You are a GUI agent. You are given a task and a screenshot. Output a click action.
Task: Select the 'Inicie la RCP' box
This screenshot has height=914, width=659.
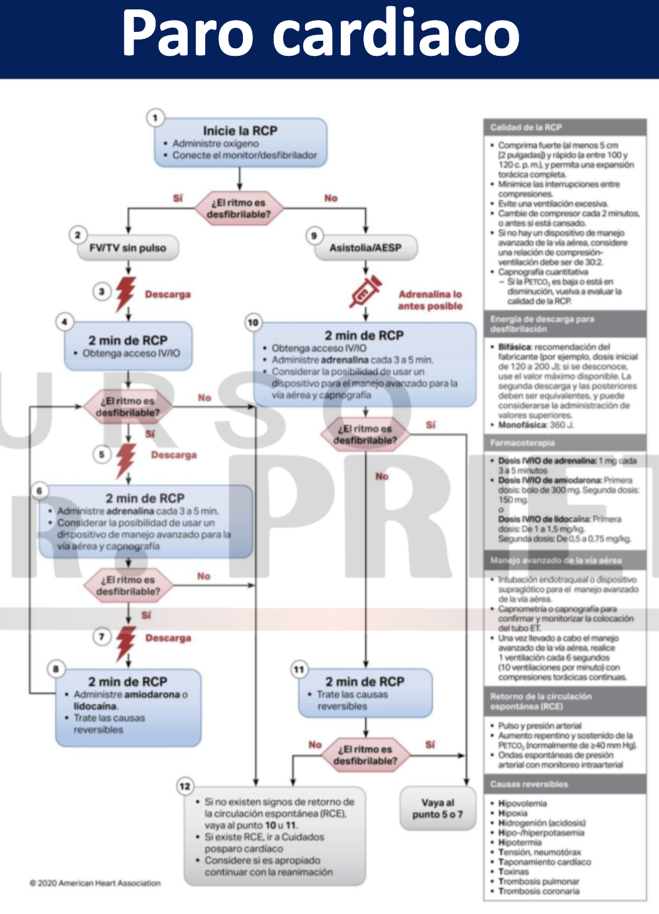pos(240,142)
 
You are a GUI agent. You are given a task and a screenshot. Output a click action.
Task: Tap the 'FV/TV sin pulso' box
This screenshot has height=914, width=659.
pos(128,248)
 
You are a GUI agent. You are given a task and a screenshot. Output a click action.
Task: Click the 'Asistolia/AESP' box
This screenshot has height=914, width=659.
pos(365,248)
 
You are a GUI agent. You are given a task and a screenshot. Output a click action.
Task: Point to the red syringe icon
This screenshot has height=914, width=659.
pos(366,291)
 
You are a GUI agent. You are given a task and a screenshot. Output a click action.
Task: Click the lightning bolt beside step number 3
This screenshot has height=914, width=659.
pos(126,293)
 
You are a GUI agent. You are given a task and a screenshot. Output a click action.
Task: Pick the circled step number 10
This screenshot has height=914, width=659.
pos(253,322)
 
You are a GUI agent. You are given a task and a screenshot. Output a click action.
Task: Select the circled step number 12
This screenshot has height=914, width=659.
pos(185,786)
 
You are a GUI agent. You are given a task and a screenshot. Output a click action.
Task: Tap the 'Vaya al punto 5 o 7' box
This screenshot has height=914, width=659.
pos(437,809)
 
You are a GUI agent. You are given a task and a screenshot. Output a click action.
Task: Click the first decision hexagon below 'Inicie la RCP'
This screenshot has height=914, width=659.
pos(238,208)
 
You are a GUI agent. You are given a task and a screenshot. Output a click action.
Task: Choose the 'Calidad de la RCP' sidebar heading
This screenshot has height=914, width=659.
pos(526,127)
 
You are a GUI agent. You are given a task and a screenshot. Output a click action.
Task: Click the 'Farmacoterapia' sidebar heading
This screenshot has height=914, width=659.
pos(522,443)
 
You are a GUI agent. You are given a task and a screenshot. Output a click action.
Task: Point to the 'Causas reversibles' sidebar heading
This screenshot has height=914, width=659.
pos(528,784)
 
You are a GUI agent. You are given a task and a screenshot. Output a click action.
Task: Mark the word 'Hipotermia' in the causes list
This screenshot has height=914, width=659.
pos(520,842)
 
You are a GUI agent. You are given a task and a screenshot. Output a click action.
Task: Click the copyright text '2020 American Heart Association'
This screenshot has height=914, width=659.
pos(95,883)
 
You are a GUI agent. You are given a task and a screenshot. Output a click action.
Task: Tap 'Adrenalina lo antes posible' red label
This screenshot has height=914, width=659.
pos(430,300)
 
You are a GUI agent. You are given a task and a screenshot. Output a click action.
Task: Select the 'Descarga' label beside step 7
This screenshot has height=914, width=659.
pos(168,638)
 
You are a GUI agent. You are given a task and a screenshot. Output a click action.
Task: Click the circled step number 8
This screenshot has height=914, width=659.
pos(56,669)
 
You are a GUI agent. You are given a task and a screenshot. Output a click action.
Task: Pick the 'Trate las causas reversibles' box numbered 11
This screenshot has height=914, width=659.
pos(365,693)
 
